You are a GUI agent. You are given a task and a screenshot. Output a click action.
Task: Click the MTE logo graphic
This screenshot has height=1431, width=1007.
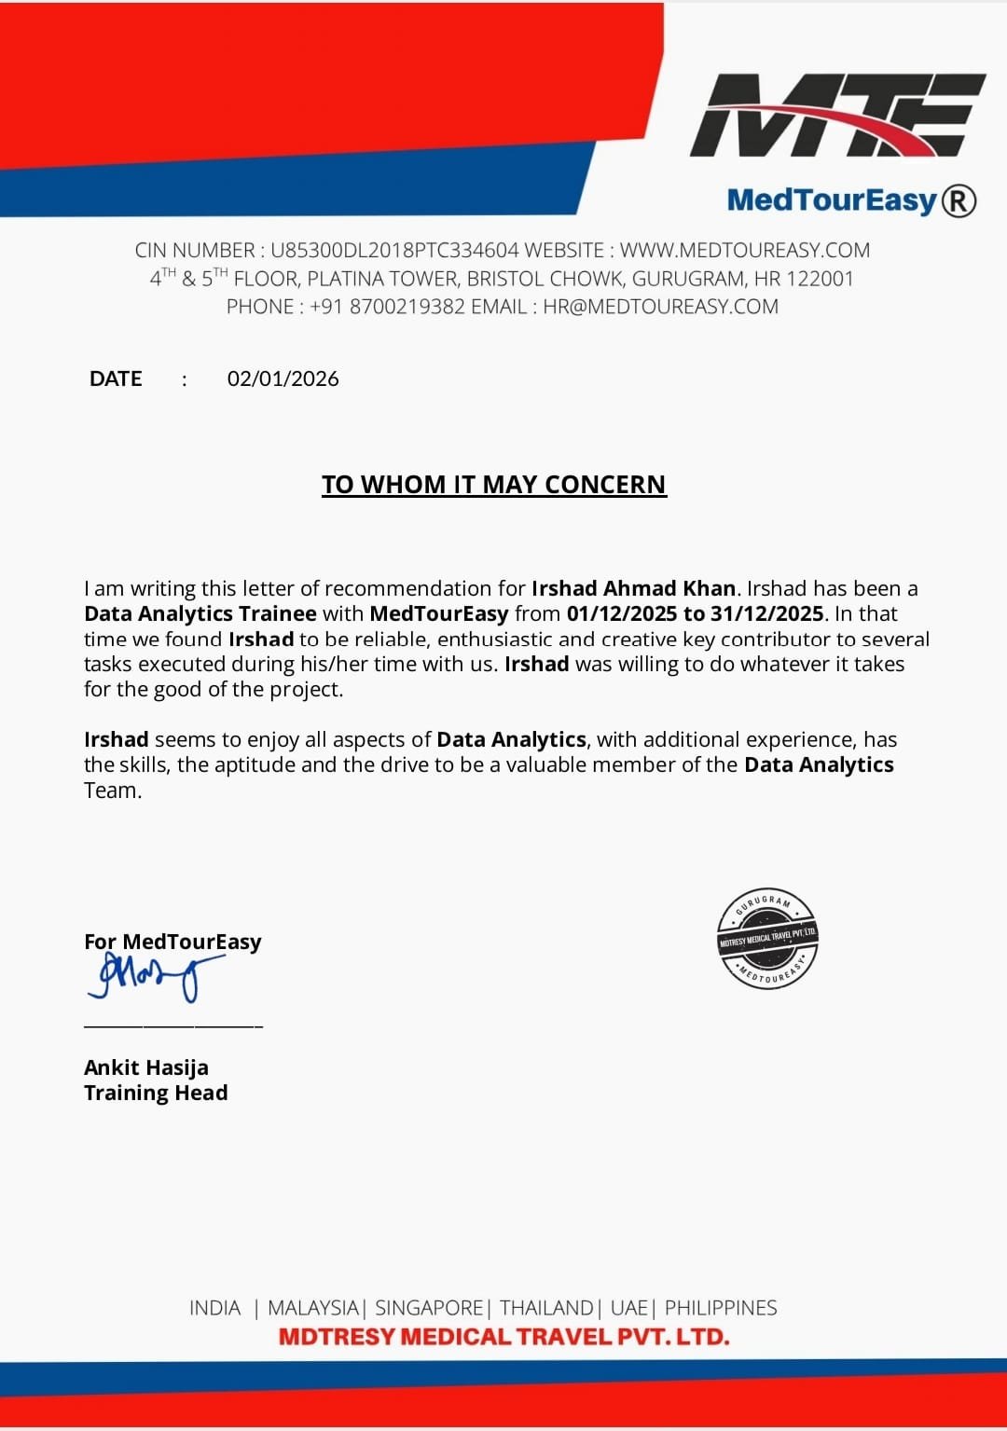pos(836,116)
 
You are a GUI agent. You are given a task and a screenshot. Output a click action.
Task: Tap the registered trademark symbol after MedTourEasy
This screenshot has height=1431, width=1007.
pos(959,200)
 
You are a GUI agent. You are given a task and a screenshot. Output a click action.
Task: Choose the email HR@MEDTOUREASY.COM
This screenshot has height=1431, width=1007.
pos(660,307)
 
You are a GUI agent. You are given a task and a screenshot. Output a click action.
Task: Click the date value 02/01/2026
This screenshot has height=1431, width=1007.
pos(283,378)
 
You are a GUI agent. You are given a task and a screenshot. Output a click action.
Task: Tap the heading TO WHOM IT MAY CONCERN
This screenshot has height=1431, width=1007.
pos(494,485)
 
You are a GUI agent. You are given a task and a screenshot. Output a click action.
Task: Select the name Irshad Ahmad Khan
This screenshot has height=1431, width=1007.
pos(633,588)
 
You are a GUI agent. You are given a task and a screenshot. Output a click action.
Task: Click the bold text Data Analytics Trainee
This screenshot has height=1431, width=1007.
pos(200,613)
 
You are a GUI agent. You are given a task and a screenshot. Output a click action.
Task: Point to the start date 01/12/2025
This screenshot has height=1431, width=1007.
pos(622,613)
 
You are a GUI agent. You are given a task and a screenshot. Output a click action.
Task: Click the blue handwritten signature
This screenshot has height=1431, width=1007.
pos(154,975)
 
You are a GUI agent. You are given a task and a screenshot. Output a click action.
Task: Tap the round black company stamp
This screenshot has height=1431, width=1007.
pos(767,938)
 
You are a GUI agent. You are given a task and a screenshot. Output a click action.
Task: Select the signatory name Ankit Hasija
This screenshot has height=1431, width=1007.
pos(146,1067)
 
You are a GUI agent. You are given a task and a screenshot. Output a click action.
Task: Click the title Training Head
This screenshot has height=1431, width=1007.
pos(156,1093)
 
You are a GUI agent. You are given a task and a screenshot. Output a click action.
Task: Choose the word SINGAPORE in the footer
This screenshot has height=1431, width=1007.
pos(429,1308)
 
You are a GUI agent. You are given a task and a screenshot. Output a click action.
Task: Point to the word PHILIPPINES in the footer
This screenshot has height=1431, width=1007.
pos(721,1308)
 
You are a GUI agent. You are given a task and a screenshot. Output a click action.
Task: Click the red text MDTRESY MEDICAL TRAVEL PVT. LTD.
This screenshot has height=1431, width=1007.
pos(504,1337)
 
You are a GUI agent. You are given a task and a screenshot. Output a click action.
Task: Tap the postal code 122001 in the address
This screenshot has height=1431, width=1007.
pos(820,279)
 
